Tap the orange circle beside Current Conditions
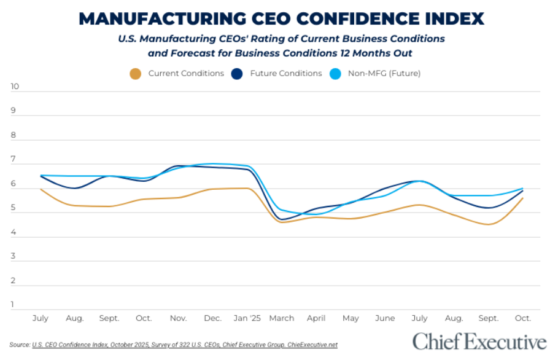135,74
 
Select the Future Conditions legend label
285,74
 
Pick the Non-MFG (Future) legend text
384,74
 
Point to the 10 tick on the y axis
15,87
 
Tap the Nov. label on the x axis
178,318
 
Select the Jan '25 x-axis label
247,318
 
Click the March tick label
282,318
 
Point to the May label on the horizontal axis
351,318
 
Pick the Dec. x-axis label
212,318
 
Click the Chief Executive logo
479,342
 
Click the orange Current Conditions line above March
282,222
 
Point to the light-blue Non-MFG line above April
316,214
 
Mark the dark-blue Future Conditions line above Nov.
178,166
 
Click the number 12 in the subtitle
340,53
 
